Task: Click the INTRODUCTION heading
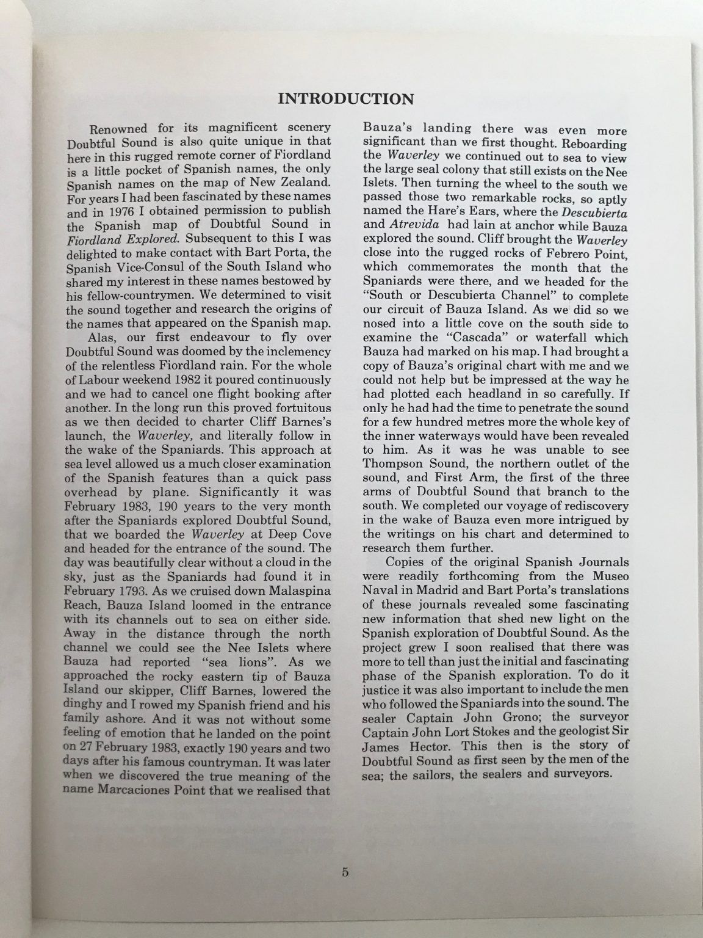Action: pos(345,99)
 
